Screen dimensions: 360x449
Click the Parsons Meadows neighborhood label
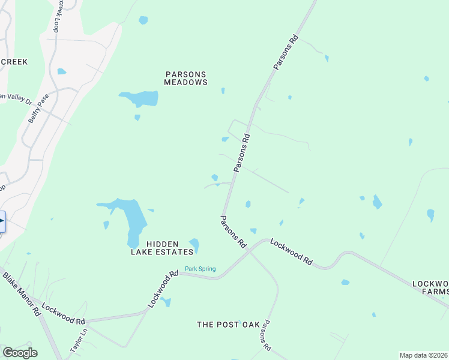(x=186, y=78)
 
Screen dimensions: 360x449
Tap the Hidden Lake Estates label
(x=170, y=248)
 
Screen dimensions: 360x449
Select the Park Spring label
(x=200, y=269)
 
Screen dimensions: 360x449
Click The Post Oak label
(x=229, y=325)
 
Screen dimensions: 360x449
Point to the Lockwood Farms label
(x=430, y=287)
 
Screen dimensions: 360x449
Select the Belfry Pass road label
(x=37, y=109)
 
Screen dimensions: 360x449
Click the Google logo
(x=20, y=353)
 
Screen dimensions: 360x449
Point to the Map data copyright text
(x=423, y=355)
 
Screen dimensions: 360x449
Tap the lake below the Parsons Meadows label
(x=140, y=98)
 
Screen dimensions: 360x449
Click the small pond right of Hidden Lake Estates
(x=194, y=244)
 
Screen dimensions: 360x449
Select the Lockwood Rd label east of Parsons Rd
(x=292, y=252)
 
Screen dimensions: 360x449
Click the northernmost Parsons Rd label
(x=286, y=53)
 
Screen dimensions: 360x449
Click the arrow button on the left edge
(x=2, y=221)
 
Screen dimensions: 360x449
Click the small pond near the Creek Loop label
(x=61, y=71)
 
